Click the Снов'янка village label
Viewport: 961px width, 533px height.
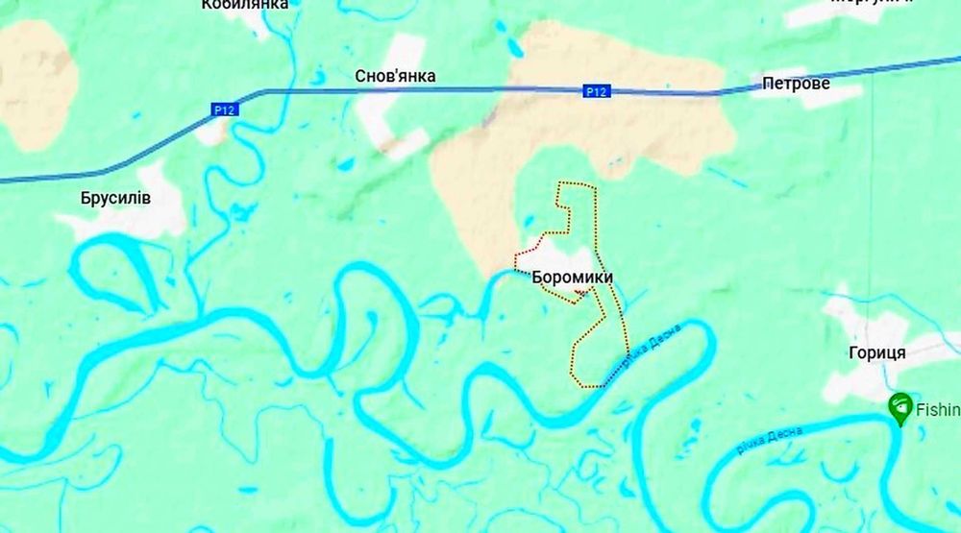tap(395, 76)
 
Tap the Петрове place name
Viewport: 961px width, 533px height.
tap(796, 84)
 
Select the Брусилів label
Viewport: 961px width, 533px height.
tap(118, 198)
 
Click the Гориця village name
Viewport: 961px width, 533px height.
tap(877, 352)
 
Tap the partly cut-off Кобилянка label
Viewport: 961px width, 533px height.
tap(245, 5)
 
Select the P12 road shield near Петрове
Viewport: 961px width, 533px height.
tap(596, 92)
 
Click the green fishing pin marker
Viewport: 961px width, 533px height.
tap(900, 407)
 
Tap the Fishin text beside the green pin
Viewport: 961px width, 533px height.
tap(937, 410)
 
